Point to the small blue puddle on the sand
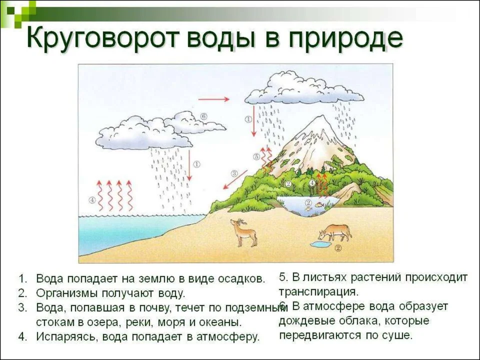(320, 244)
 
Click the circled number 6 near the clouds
(203, 116)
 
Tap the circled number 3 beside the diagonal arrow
(234, 173)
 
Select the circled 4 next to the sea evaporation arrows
(92, 200)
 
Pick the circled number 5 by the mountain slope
(256, 156)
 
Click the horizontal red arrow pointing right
(213, 99)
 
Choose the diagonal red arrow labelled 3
(235, 179)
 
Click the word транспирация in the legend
(318, 291)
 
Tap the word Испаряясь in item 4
(67, 336)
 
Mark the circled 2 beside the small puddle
(338, 248)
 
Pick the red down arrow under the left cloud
(189, 165)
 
